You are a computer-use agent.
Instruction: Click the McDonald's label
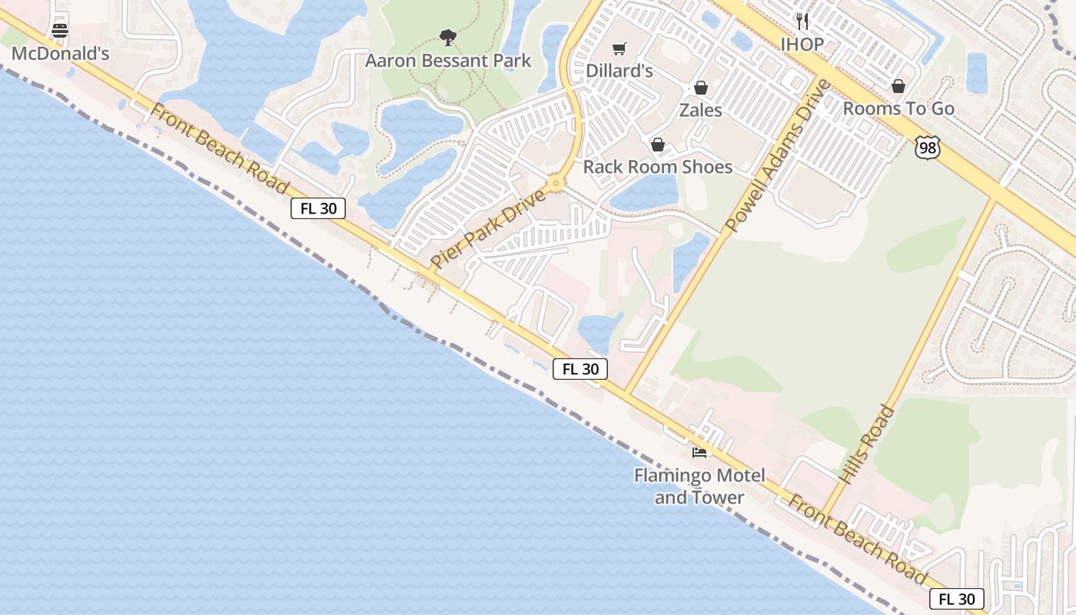click(x=60, y=53)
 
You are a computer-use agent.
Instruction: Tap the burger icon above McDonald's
click(x=60, y=31)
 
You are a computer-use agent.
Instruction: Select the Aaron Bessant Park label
click(x=448, y=60)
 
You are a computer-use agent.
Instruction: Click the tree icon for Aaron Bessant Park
click(x=448, y=37)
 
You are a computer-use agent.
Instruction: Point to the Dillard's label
click(x=619, y=70)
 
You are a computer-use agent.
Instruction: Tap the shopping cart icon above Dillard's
click(x=619, y=48)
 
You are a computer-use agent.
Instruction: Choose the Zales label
click(x=700, y=110)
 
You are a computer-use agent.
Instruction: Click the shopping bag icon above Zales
click(x=700, y=88)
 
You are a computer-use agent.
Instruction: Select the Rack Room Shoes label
click(x=658, y=167)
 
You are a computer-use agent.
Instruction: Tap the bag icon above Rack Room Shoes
click(x=658, y=145)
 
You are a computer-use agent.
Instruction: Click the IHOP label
click(x=802, y=44)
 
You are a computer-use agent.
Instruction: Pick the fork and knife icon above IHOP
click(x=802, y=21)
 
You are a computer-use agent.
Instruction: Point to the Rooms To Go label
click(x=898, y=108)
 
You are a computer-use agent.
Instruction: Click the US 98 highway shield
click(x=928, y=148)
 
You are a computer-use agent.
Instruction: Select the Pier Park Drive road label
click(x=488, y=229)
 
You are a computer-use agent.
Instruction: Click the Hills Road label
click(x=867, y=444)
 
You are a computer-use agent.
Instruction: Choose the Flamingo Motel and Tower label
click(x=699, y=486)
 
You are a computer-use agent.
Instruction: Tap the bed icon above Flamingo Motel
click(x=699, y=452)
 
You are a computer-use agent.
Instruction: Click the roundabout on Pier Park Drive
click(x=556, y=183)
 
